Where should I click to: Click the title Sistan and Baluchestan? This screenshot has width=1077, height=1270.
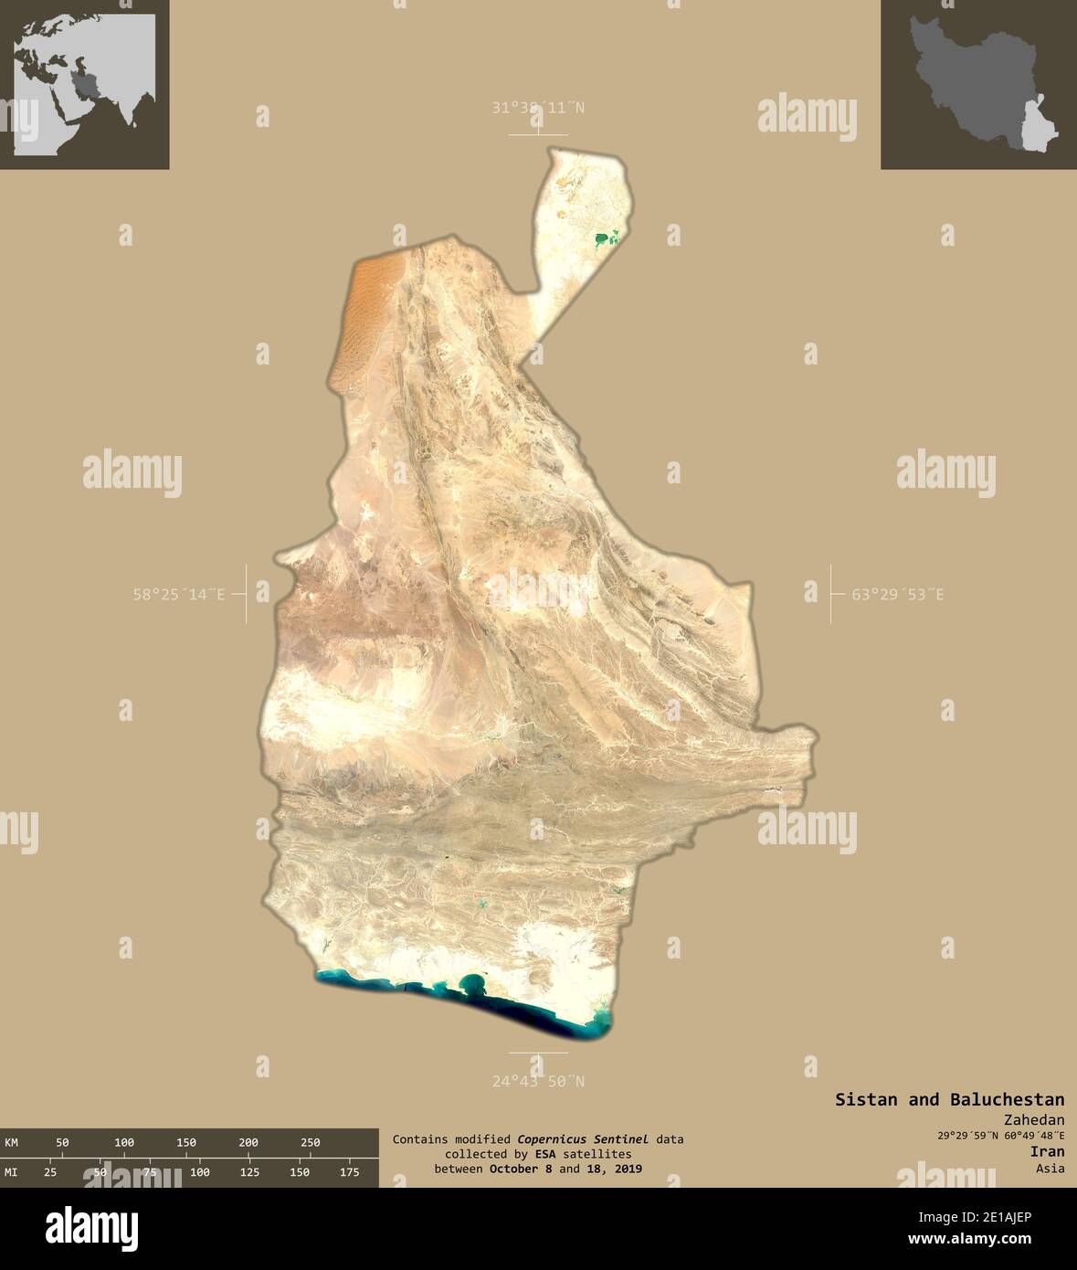[949, 1099]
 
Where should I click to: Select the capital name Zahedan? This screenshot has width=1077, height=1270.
[1033, 1120]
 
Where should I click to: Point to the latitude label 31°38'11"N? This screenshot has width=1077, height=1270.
[538, 108]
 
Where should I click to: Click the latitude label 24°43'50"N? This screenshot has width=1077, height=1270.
[538, 1082]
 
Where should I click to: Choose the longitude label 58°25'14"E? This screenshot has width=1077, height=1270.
[179, 595]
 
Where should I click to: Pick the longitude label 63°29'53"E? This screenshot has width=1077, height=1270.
[898, 595]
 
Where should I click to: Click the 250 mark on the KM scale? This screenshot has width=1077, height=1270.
[311, 1142]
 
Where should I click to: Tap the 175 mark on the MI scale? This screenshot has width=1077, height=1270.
[349, 1172]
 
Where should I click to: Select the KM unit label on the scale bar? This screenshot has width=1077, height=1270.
[12, 1142]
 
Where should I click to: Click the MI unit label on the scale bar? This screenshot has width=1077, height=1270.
[12, 1172]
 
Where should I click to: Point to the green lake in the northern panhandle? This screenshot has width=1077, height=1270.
[604, 240]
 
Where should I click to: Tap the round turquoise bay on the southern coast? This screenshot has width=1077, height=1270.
[472, 983]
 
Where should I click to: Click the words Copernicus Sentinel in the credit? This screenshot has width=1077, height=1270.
[583, 1139]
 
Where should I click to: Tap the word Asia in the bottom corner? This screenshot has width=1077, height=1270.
[1050, 1169]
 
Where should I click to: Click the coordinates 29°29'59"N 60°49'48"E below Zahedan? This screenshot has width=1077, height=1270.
[1000, 1136]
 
